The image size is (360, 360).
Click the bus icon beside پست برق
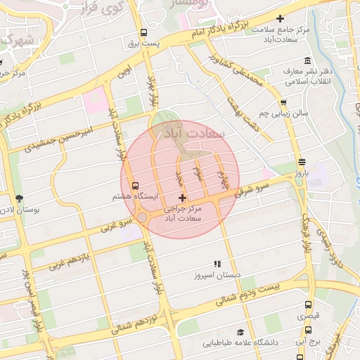click(144, 32)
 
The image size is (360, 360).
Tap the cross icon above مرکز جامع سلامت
click(281, 18)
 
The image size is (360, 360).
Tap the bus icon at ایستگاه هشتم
click(135, 185)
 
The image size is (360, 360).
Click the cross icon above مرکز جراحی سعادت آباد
click(183, 198)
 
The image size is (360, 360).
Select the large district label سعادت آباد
click(193, 131)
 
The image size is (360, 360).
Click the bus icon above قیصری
click(308, 305)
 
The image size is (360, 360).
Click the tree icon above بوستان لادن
click(18, 198)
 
